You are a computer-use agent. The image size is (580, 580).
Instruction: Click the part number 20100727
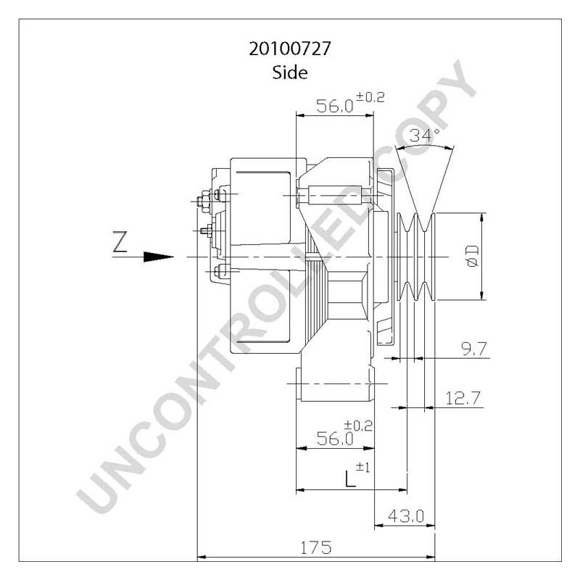tap(290, 51)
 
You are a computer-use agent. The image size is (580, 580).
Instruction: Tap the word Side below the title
tap(290, 72)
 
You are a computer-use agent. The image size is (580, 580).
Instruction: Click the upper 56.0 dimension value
tap(335, 107)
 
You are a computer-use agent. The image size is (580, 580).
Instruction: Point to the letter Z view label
tap(120, 241)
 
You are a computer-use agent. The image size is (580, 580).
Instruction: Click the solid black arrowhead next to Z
tap(159, 257)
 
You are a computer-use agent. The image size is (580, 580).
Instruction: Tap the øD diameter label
tap(472, 256)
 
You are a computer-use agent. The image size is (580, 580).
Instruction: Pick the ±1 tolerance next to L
tap(365, 468)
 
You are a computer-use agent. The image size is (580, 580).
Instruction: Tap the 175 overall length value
tap(316, 547)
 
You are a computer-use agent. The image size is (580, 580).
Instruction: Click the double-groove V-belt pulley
tap(416, 257)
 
